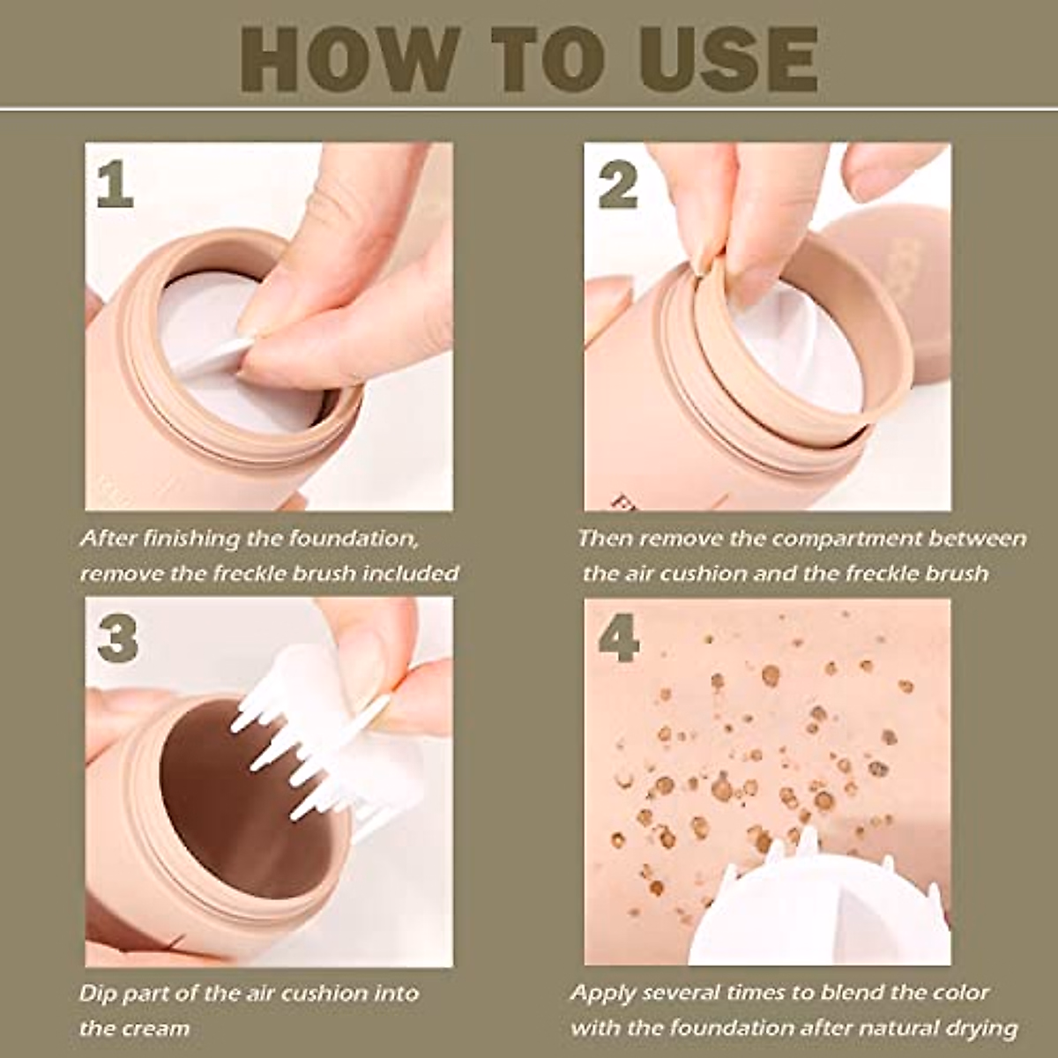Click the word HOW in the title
pyautogui.click(x=349, y=60)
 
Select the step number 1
pyautogui.click(x=115, y=185)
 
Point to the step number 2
pyautogui.click(x=618, y=185)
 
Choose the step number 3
pyautogui.click(x=116, y=638)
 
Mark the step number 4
pyautogui.click(x=619, y=638)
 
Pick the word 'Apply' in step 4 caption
pyautogui.click(x=603, y=994)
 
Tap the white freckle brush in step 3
pyautogui.click(x=324, y=747)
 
